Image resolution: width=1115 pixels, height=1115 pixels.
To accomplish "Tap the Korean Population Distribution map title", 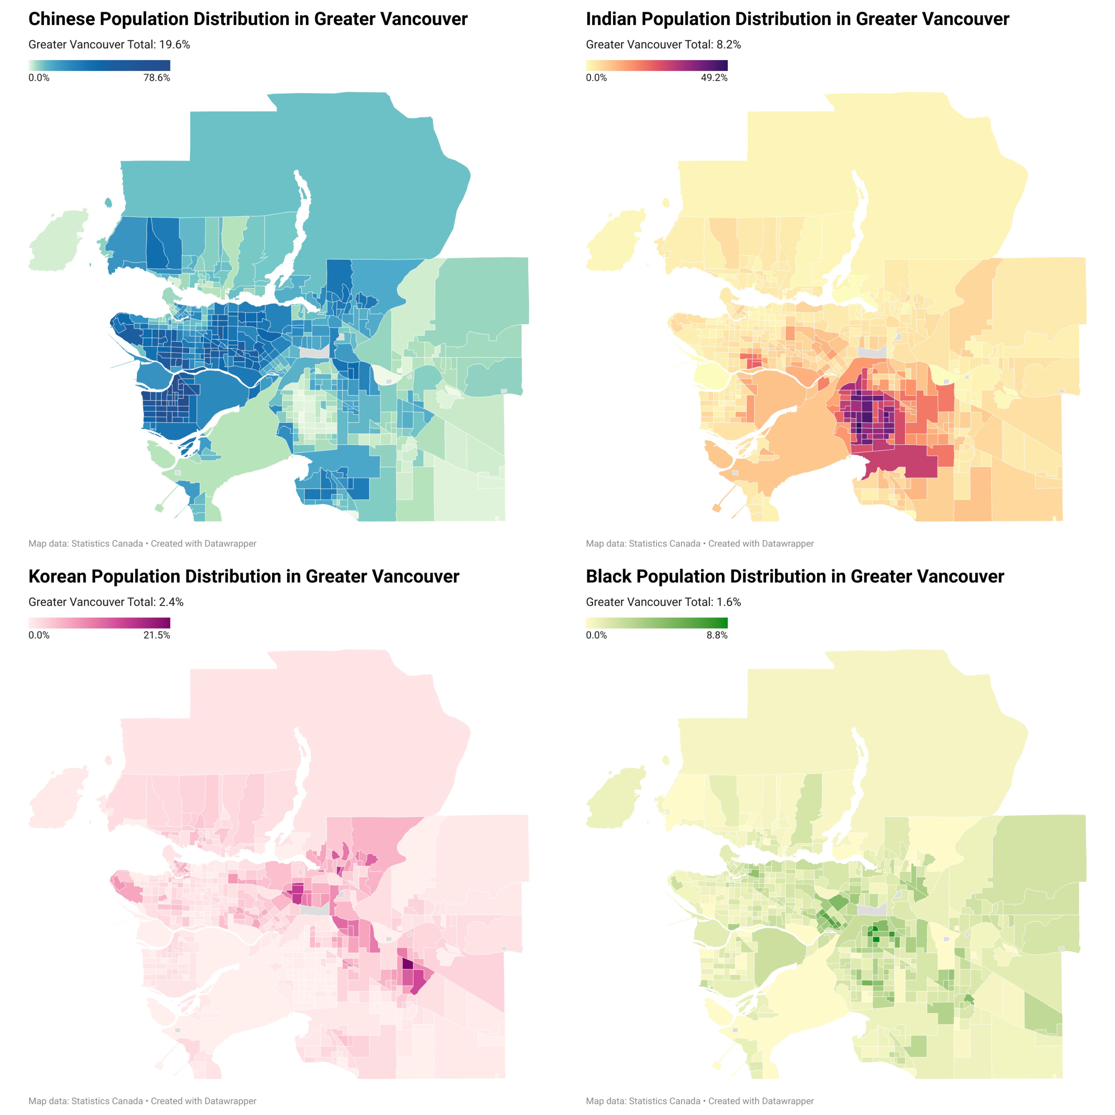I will [244, 577].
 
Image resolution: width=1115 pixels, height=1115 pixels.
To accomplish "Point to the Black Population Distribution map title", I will [795, 577].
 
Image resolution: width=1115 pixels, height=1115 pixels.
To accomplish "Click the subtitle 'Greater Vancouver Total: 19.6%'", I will [109, 44].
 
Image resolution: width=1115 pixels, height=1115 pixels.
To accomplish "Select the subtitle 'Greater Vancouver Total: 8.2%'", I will [663, 44].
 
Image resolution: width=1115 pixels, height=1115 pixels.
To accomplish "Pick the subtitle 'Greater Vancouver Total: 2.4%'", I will [106, 602].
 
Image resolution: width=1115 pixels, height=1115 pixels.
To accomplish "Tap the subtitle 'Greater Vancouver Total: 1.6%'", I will [663, 602].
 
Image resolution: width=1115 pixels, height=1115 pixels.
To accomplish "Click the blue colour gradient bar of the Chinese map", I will [99, 65].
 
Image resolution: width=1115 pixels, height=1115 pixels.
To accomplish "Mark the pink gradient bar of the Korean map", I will [99, 623].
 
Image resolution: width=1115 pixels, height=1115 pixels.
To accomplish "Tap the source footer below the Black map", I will [699, 1101].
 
